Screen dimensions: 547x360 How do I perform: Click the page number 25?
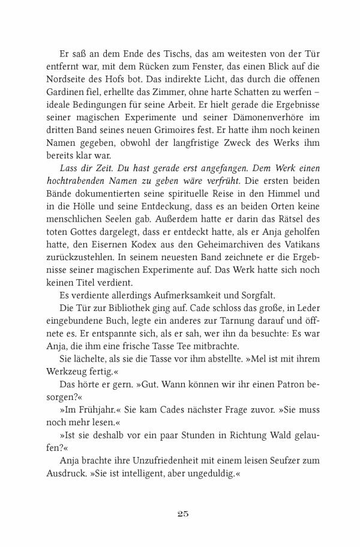[x=184, y=513]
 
